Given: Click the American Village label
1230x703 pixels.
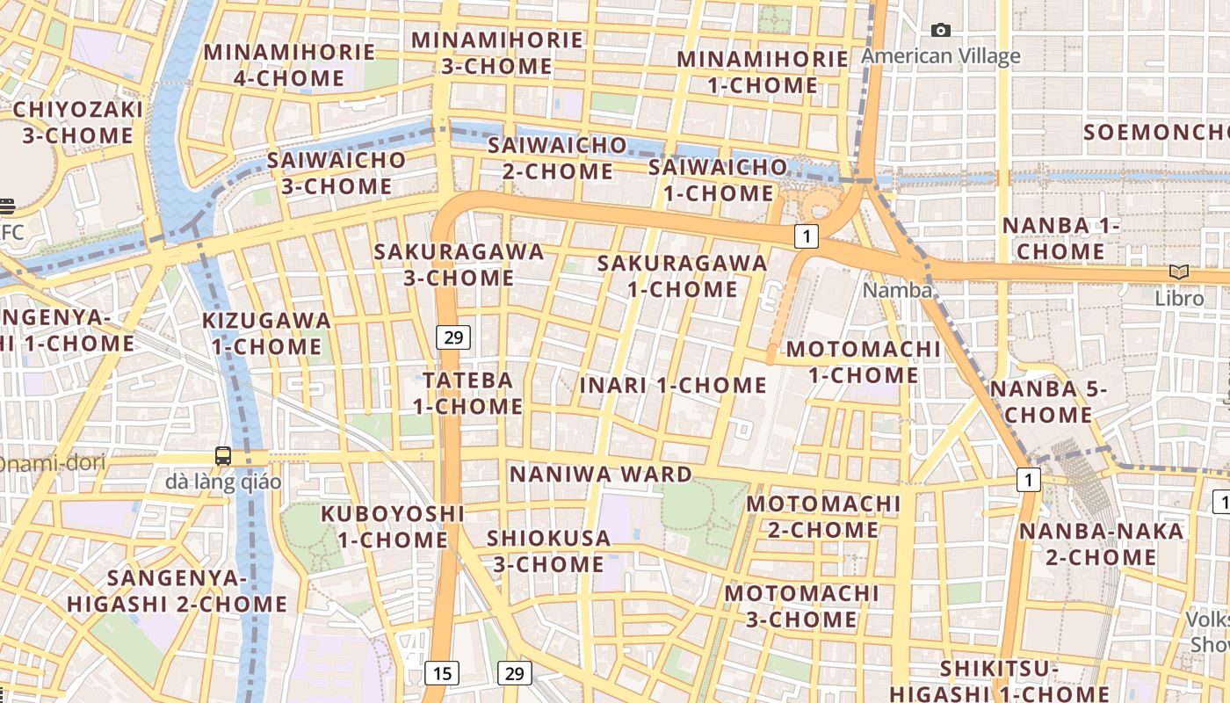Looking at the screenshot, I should [x=940, y=56].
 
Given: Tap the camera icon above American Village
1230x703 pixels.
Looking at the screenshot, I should [x=941, y=31].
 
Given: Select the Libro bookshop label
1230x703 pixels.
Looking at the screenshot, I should [x=1179, y=298].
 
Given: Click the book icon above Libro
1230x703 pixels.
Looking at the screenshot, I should [x=1179, y=273].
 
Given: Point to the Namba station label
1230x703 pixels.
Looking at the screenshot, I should [x=897, y=290].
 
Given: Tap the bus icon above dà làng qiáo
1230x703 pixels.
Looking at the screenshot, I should [x=223, y=456].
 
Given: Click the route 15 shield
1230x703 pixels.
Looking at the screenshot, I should [x=441, y=673].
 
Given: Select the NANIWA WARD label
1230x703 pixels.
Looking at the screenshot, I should [x=601, y=475].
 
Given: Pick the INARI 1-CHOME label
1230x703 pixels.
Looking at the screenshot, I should [x=673, y=385].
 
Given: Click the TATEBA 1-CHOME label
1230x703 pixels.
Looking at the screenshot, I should [x=468, y=393].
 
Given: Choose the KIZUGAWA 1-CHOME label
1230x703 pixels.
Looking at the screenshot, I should [x=266, y=333].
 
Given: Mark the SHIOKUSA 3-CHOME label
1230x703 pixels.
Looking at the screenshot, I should [x=548, y=550].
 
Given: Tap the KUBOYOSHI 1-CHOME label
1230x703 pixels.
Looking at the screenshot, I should [x=392, y=525].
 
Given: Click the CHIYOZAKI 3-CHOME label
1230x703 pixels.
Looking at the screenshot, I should [x=78, y=122].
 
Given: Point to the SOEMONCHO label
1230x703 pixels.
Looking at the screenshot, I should [x=1155, y=133].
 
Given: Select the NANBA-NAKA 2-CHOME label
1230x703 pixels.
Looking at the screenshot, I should [x=1101, y=544].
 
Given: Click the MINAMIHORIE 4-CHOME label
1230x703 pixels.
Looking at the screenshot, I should [x=289, y=65].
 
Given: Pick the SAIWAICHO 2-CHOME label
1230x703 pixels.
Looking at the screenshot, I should [x=557, y=157].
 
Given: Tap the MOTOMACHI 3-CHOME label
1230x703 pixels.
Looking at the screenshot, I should [x=801, y=606].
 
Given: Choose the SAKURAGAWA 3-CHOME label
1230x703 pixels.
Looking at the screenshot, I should [x=459, y=265].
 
